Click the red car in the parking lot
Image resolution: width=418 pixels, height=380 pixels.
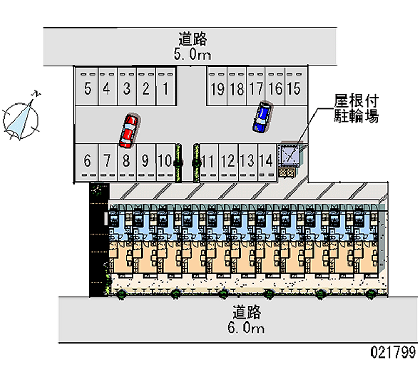(129, 130)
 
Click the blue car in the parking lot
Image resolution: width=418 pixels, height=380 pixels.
(262, 117)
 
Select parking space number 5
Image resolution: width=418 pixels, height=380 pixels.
(88, 88)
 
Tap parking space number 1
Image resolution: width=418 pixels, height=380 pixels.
(165, 88)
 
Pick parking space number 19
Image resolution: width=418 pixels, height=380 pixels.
(217, 88)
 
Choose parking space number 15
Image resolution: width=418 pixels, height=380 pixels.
(294, 88)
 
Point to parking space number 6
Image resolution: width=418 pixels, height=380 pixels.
(87, 160)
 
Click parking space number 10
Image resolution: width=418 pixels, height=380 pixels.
(165, 160)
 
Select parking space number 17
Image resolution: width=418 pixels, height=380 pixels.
(256, 88)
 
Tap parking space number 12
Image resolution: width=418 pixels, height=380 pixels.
(227, 160)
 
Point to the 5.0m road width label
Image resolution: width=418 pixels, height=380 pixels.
(193, 54)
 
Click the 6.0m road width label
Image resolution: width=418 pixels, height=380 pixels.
(247, 328)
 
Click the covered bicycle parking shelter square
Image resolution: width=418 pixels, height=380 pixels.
(289, 153)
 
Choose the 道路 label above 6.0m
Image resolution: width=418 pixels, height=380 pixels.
(247, 313)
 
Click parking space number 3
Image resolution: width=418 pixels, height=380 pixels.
(126, 88)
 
